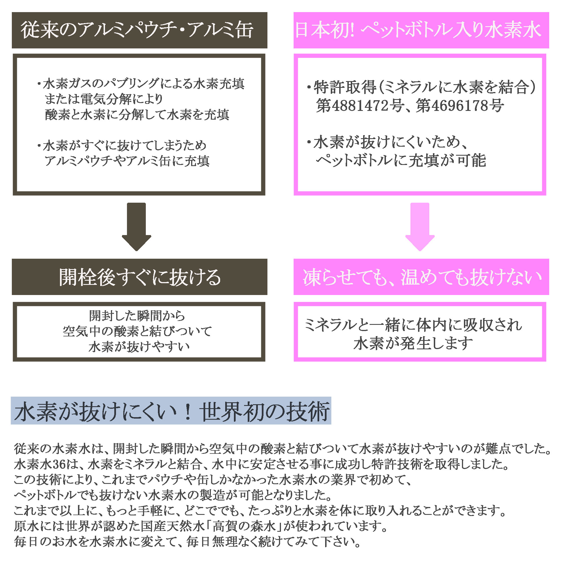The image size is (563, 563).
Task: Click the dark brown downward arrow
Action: (x=136, y=226)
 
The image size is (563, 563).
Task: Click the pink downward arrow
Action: (x=420, y=226)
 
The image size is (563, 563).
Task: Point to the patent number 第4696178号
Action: (x=460, y=106)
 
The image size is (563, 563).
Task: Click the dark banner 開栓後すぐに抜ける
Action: (x=139, y=277)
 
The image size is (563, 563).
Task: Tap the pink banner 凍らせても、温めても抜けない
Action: (x=421, y=277)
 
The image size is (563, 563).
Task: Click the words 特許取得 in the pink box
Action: (x=345, y=87)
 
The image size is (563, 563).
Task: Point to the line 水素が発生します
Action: (x=413, y=343)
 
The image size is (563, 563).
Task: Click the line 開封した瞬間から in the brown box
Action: (x=137, y=316)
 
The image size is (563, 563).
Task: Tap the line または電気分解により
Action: (x=104, y=99)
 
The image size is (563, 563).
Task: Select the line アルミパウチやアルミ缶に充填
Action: (x=127, y=161)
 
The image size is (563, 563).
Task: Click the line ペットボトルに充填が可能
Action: (x=401, y=160)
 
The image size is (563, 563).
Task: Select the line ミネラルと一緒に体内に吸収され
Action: (x=413, y=325)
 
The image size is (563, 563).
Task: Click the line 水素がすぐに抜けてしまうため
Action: (x=124, y=146)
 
